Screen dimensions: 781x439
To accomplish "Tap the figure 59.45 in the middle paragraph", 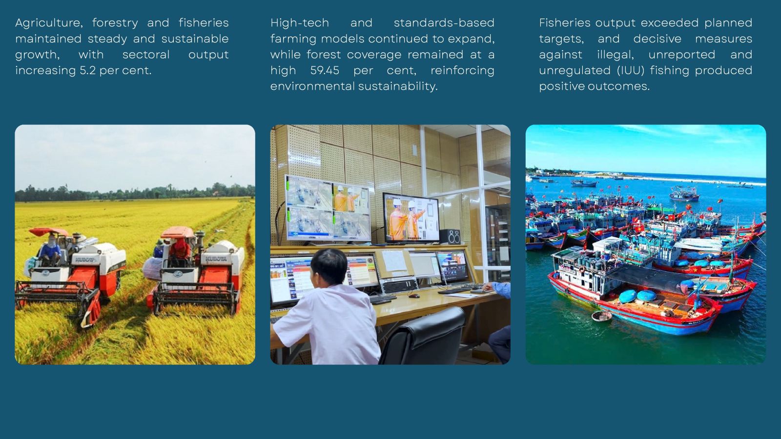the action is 325,70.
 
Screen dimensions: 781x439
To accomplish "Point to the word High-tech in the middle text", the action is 300,23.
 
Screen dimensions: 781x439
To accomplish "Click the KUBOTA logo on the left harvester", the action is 85,259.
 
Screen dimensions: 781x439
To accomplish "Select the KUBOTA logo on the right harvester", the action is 216,259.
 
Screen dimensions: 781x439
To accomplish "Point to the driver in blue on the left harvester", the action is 51,250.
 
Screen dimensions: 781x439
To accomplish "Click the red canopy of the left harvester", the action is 48,232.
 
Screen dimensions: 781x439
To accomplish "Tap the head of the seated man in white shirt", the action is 329,266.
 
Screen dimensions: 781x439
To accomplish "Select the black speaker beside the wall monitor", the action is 450,237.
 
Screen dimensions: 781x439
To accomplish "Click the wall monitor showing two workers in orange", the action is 411,218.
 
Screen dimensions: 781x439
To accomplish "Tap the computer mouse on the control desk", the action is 414,296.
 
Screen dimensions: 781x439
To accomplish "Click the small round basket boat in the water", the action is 602,316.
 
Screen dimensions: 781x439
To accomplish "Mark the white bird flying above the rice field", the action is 220,231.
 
